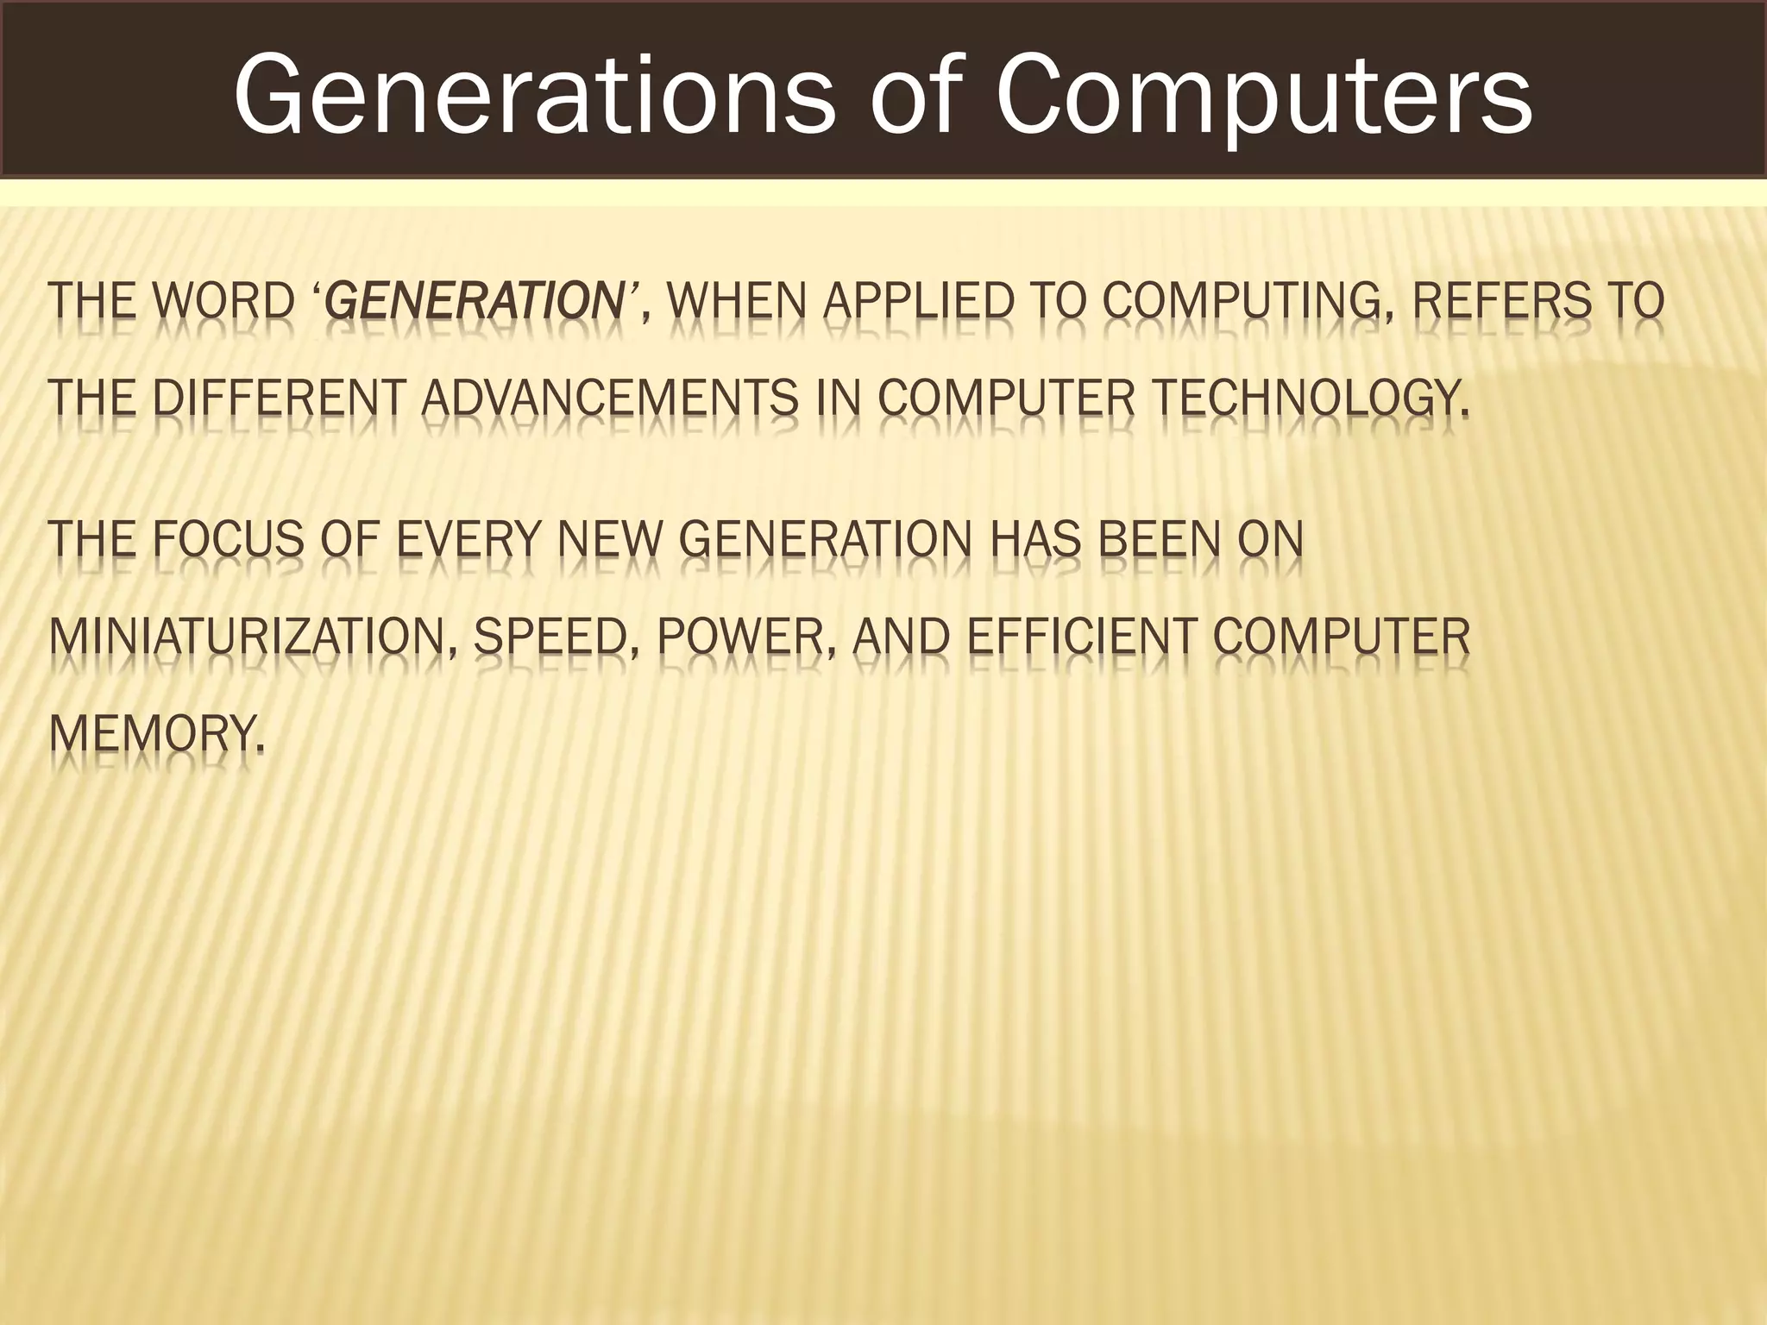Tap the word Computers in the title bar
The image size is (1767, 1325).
1264,96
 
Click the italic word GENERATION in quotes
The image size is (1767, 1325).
471,301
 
